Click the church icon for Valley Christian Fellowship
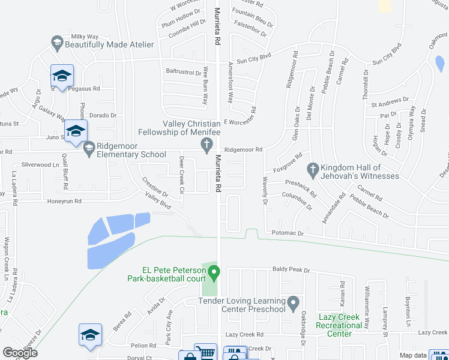click(206, 144)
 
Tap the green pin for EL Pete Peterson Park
click(214, 274)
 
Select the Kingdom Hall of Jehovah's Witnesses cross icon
click(312, 170)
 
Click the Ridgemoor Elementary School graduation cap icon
click(89, 148)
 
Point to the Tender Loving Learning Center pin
click(293, 302)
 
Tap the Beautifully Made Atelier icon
click(56, 43)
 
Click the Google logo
click(20, 353)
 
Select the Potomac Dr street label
click(289, 232)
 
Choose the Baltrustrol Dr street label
click(184, 72)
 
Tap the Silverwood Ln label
click(40, 164)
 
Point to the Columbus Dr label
click(297, 200)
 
